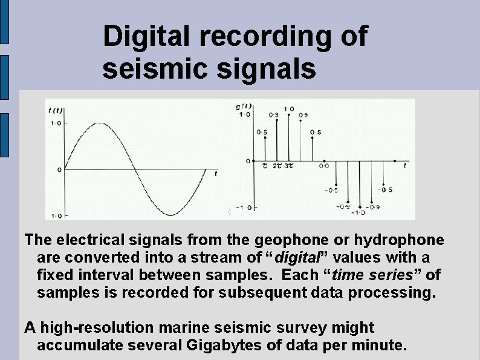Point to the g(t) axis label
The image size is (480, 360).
click(244, 106)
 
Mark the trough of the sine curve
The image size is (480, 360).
click(170, 215)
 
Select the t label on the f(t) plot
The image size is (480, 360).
click(216, 174)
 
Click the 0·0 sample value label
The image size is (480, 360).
click(324, 165)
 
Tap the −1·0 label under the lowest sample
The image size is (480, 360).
click(359, 212)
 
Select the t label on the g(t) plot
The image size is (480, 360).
click(404, 165)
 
